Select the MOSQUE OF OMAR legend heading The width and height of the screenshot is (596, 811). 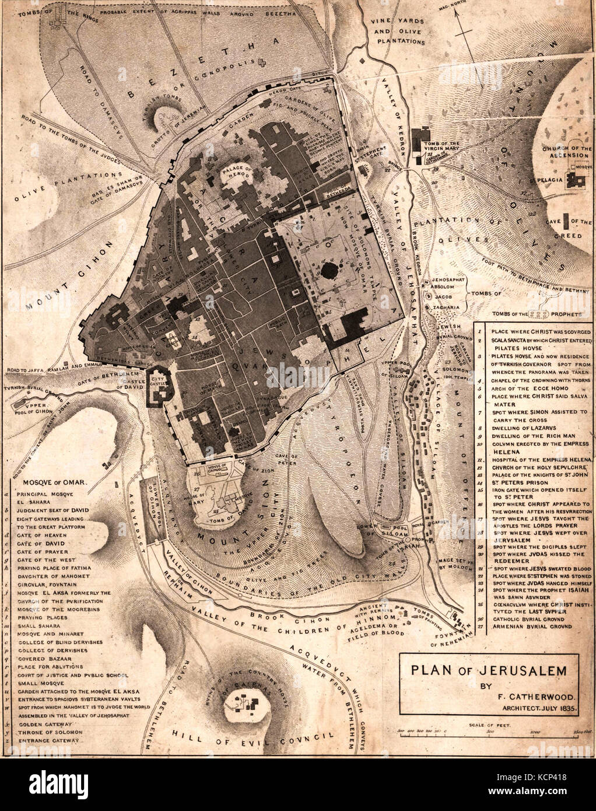coord(55,483)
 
